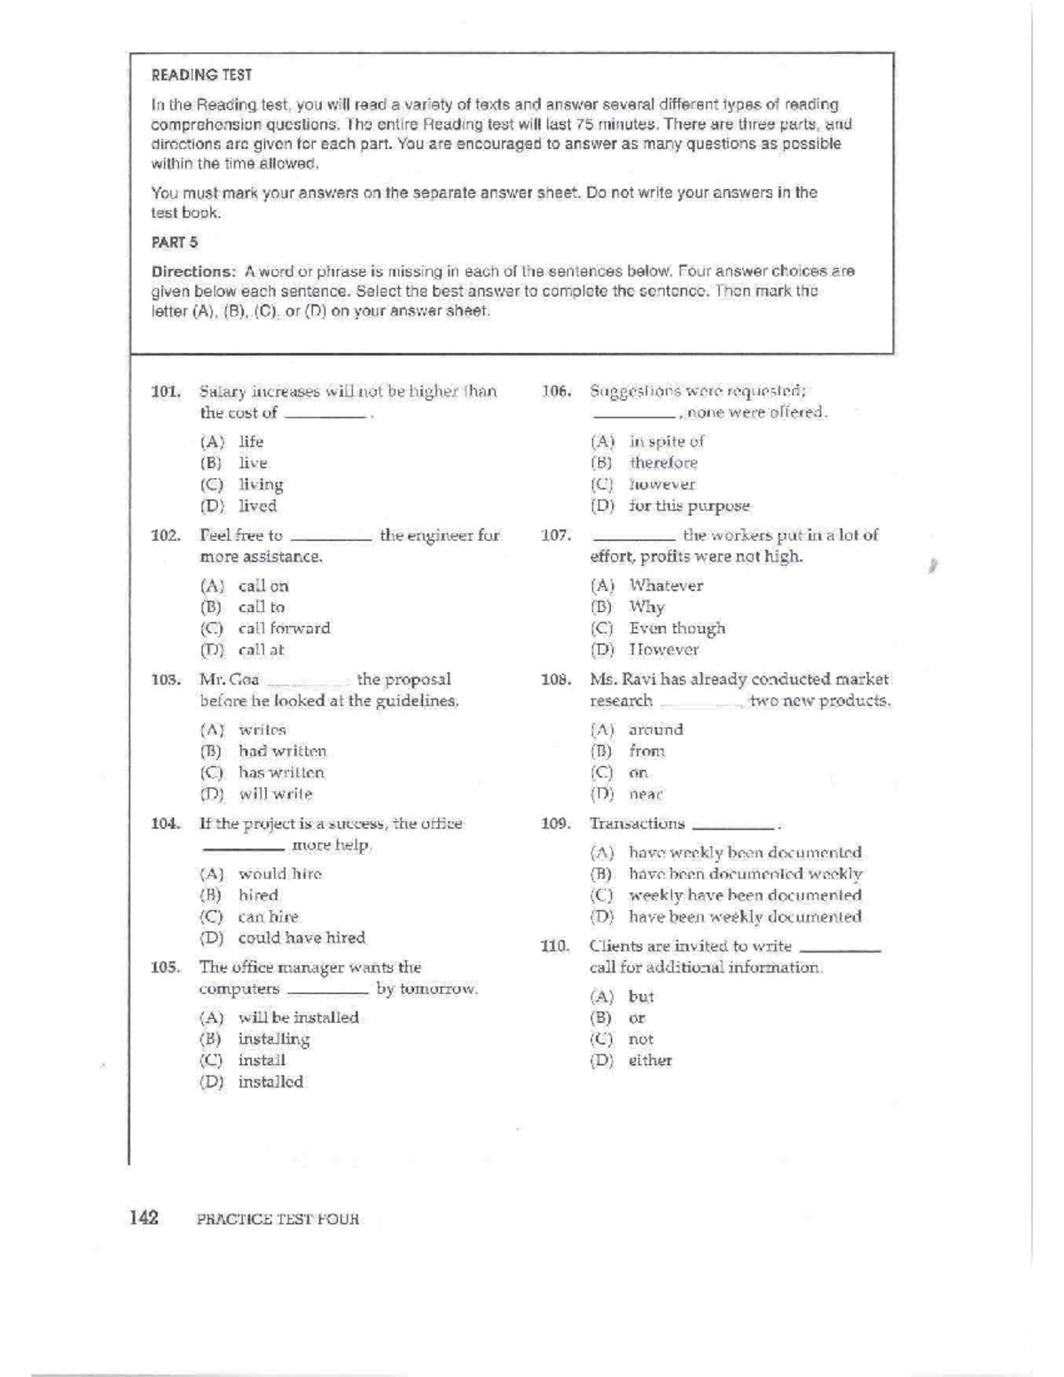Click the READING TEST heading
tap(201, 75)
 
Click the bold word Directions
tap(192, 271)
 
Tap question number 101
tap(166, 391)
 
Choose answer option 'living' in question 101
tap(261, 484)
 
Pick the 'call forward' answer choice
tap(284, 628)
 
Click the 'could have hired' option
tap(301, 937)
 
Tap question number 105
tap(166, 967)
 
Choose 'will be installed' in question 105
tap(298, 1017)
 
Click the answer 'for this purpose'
tap(689, 505)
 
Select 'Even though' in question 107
tap(677, 628)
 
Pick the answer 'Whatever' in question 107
tap(666, 585)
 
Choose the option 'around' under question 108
tap(655, 730)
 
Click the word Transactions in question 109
tap(637, 824)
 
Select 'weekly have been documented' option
tap(745, 896)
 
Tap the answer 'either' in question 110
tap(650, 1060)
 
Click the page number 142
tap(144, 1217)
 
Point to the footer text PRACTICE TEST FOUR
tap(278, 1219)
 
